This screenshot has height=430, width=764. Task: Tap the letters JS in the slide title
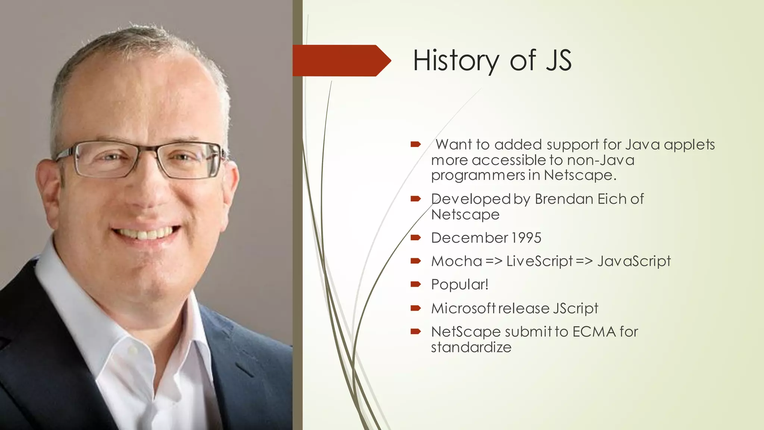click(558, 60)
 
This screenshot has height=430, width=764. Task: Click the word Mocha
click(457, 261)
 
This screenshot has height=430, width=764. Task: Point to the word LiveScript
click(539, 261)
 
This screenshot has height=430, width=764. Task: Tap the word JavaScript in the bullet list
click(634, 261)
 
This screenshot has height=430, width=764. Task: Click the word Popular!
click(460, 284)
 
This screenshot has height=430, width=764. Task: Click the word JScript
click(575, 308)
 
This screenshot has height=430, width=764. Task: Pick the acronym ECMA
click(594, 331)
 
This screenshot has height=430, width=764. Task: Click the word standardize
click(471, 347)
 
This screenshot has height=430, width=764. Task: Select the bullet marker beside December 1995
click(416, 237)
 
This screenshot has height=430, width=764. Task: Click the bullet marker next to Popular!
click(416, 284)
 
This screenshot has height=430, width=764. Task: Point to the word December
click(469, 238)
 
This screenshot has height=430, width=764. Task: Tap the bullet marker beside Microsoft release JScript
click(416, 308)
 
